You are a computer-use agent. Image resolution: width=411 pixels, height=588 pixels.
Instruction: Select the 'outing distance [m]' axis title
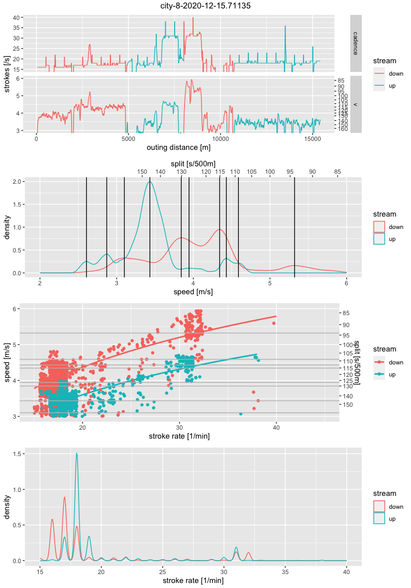178,148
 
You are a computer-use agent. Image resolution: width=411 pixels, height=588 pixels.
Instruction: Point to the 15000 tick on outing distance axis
312,139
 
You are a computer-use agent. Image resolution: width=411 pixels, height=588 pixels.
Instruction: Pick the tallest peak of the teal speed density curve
149,182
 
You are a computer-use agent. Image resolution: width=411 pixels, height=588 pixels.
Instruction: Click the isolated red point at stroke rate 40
274,323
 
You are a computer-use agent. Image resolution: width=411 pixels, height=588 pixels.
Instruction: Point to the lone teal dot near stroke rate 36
241,414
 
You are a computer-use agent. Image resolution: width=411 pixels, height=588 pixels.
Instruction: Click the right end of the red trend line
276,316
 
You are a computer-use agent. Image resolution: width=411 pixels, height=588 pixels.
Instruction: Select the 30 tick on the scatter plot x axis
179,427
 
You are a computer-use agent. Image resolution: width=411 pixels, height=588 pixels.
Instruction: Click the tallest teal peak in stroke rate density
77,453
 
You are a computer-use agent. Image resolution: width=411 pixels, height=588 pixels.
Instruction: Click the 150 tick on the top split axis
142,172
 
